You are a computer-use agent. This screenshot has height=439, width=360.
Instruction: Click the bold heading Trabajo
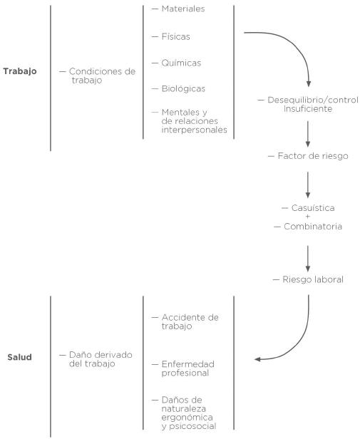pos(20,71)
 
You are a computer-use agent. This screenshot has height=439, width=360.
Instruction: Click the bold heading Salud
pos(20,357)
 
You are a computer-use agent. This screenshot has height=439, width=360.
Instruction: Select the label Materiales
pos(183,9)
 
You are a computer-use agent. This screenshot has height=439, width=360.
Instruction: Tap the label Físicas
pos(175,36)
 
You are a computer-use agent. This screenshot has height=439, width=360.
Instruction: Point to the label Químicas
pos(181,63)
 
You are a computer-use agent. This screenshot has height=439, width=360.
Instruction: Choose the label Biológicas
pos(183,89)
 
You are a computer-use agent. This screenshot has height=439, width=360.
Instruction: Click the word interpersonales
pos(194,130)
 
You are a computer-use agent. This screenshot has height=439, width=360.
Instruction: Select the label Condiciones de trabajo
pos(102,76)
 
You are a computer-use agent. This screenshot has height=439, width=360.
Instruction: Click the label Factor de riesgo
pos(313,155)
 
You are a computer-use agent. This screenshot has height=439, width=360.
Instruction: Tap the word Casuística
pos(313,208)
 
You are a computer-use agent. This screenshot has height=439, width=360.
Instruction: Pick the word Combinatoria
pos(313,226)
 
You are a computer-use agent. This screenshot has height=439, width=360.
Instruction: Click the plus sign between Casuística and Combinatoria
pos(308,217)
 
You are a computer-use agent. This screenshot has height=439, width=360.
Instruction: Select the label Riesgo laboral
pos(313,279)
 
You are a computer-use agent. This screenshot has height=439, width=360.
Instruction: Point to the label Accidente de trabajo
pos(190,321)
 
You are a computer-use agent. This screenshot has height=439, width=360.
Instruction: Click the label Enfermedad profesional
pos(187,368)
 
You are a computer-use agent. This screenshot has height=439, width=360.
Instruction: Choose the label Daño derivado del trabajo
pos(101,359)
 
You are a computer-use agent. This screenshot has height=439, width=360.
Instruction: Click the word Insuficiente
pos(308,108)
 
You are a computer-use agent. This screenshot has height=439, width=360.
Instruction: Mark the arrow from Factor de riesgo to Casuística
pos(308,185)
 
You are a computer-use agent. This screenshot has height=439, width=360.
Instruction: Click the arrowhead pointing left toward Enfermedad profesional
pos(257,359)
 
